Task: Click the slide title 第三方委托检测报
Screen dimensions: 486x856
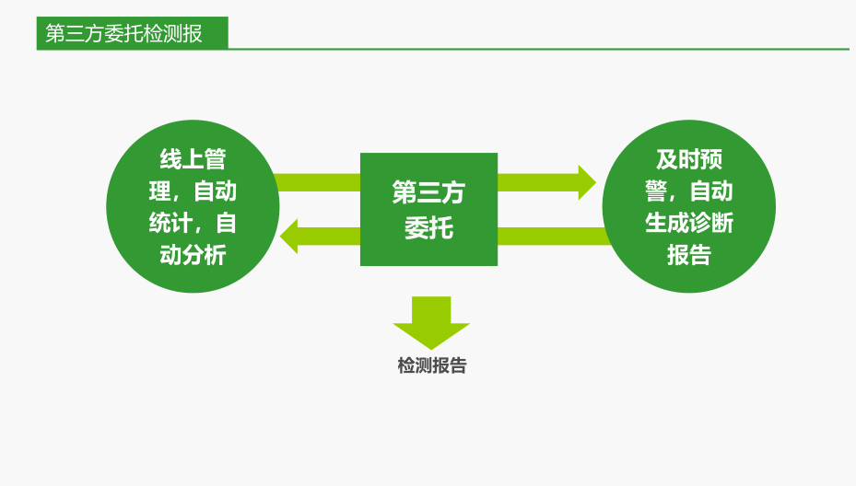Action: pos(124,34)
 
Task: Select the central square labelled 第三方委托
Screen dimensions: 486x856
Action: pos(428,209)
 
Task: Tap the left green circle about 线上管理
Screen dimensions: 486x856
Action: pos(193,206)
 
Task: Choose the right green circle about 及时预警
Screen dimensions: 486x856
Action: pos(688,206)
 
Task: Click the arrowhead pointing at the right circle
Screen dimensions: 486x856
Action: pos(587,182)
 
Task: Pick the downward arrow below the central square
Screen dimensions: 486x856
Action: pos(431,322)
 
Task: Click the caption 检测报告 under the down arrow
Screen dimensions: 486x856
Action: pos(432,365)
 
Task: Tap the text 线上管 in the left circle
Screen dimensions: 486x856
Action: pos(193,159)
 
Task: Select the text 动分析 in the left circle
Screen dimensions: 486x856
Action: pos(193,255)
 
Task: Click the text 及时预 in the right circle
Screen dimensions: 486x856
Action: pos(688,159)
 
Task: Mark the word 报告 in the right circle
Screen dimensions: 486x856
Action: pos(688,255)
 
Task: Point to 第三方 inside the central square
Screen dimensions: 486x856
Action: pos(428,192)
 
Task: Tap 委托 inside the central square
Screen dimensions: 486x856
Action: pos(428,226)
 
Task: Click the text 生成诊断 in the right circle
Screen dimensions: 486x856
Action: pos(688,223)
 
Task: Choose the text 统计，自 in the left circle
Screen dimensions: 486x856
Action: pos(193,223)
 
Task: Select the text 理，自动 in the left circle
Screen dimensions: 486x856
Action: pos(193,191)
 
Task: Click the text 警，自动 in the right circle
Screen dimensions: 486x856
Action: pos(688,191)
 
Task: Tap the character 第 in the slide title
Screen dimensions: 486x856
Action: pos(55,34)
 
